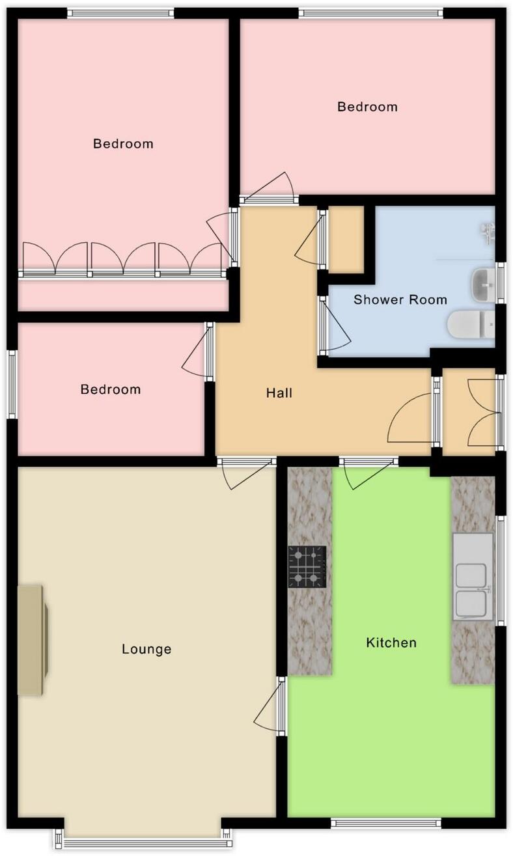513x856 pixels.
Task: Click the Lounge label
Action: (146, 649)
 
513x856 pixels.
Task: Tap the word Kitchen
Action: (391, 643)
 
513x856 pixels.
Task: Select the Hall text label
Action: (279, 393)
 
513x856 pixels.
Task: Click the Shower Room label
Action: (400, 300)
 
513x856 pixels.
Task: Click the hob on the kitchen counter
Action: (307, 566)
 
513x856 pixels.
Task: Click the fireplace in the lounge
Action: (33, 640)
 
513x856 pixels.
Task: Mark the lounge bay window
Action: (143, 843)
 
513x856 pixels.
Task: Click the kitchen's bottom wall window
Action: (386, 823)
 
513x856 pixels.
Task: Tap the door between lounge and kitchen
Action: (281, 706)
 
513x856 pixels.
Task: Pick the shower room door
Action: (323, 325)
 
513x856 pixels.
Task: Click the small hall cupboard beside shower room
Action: (345, 239)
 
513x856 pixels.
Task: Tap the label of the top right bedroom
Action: (367, 107)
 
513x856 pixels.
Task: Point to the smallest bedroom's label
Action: (110, 389)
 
